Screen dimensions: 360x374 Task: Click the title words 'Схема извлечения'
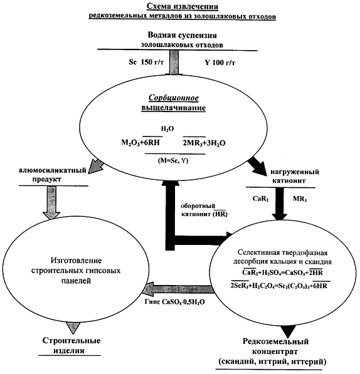click(182, 7)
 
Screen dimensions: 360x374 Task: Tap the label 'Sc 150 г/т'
click(146, 62)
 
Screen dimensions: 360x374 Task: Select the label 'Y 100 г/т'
click(220, 63)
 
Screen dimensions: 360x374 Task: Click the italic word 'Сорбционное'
click(174, 98)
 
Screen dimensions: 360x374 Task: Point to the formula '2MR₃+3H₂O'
click(204, 143)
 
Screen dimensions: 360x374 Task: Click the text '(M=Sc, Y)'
click(173, 160)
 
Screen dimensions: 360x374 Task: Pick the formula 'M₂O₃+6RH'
click(140, 143)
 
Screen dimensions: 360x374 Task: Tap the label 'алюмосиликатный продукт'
click(53, 175)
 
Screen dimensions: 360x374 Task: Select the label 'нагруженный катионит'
click(295, 176)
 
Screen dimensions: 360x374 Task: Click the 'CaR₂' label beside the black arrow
click(260, 199)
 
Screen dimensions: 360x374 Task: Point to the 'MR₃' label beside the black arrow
click(300, 199)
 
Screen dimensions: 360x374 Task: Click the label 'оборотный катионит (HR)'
click(204, 210)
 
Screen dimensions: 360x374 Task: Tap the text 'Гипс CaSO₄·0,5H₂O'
click(174, 302)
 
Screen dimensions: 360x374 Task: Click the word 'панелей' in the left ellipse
click(76, 281)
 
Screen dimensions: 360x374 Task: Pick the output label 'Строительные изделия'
click(71, 345)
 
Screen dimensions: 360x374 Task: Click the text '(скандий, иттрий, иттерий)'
click(272, 361)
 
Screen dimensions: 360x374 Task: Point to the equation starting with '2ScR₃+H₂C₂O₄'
click(278, 286)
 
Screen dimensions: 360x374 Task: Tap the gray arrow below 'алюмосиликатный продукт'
click(51, 203)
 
